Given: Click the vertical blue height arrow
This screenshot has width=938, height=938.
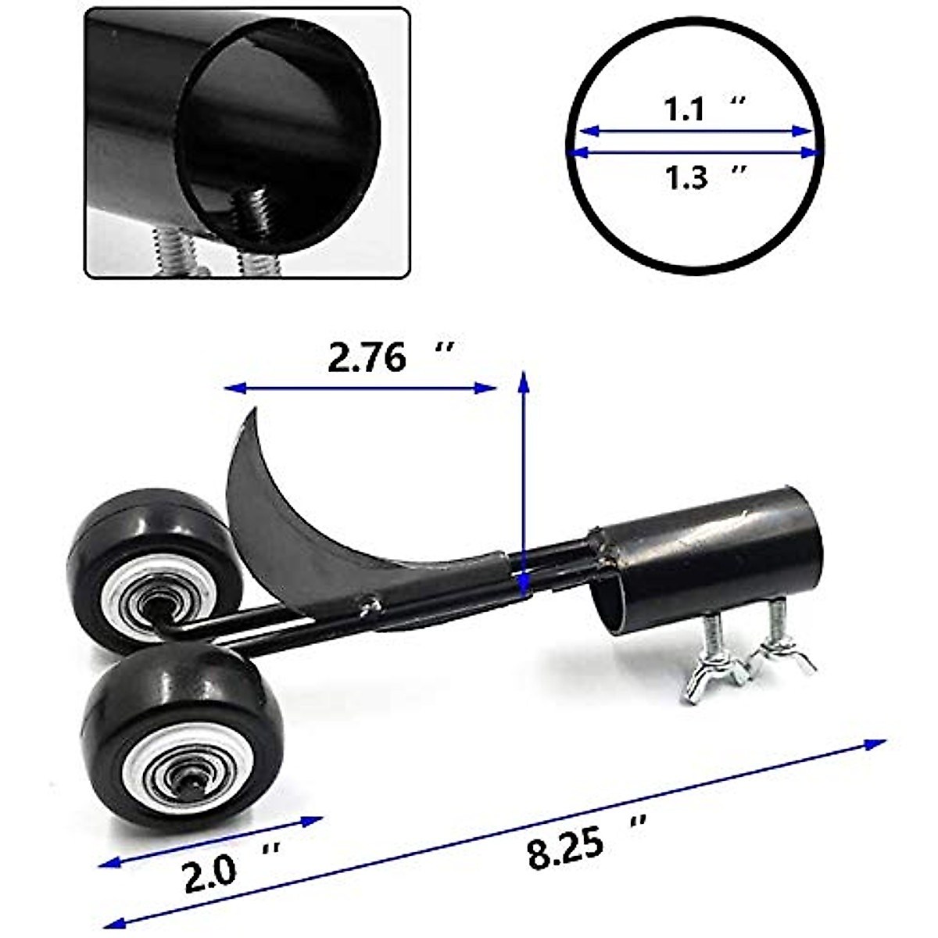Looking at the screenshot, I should pos(524,485).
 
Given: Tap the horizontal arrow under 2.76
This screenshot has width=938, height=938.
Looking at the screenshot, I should pos(360,387).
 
